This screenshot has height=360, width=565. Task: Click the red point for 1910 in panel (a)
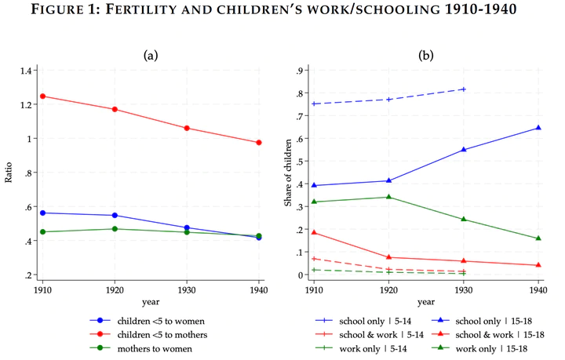(x=42, y=96)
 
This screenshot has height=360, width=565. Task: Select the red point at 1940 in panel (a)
(x=259, y=143)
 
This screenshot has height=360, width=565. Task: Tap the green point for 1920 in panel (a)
(x=115, y=229)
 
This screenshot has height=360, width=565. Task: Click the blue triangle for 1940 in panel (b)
(x=538, y=128)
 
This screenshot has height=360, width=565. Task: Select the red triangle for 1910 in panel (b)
(x=315, y=232)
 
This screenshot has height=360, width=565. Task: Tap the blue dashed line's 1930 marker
(x=464, y=89)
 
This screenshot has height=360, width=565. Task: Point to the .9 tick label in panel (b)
(x=298, y=71)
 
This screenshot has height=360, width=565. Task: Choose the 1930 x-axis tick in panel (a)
(x=187, y=289)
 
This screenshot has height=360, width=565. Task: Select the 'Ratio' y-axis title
(x=9, y=173)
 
